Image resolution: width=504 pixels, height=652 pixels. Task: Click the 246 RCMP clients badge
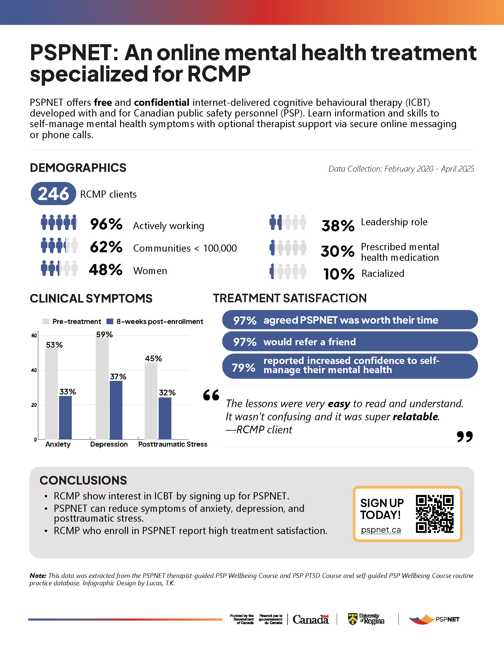[53, 194]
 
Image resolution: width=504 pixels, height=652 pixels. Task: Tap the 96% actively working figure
[106, 224]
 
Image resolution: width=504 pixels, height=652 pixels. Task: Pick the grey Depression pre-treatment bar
[102, 388]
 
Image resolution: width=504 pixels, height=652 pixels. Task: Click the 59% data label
[104, 335]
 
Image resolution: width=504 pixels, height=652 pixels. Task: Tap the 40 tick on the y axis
[34, 370]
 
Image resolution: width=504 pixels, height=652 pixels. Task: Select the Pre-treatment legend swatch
[46, 322]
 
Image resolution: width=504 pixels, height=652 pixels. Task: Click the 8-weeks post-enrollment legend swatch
[110, 322]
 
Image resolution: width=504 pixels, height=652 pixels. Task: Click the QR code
[434, 514]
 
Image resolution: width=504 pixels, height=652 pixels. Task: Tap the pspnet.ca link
[381, 530]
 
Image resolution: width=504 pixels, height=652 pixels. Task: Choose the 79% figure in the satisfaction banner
[243, 367]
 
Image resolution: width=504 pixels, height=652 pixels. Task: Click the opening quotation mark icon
[211, 395]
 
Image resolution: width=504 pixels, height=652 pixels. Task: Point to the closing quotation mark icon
[465, 437]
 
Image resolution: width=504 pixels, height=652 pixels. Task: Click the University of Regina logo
[366, 619]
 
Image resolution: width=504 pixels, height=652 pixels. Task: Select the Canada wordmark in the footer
[310, 619]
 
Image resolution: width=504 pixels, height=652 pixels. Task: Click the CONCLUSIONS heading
[83, 480]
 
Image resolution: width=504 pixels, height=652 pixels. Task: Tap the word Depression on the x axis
[109, 444]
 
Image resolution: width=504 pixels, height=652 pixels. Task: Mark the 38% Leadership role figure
[338, 226]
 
